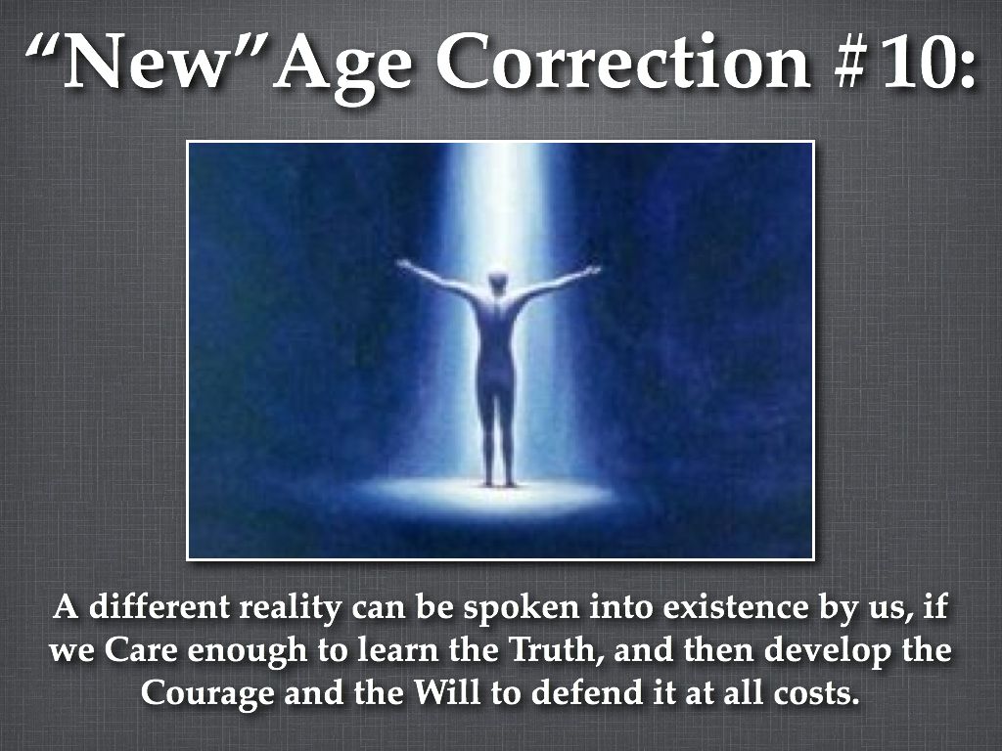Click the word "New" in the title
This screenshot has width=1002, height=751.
[x=147, y=63]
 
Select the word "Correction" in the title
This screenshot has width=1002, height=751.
[x=623, y=63]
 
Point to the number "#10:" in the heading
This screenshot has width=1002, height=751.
[x=904, y=63]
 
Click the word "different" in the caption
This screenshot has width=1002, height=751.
[x=159, y=606]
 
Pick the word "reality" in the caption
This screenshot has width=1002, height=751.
[x=290, y=608]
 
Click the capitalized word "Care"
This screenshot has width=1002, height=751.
[x=143, y=650]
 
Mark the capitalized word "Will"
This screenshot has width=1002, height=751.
[x=446, y=691]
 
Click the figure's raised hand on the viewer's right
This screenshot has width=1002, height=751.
[x=591, y=271]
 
